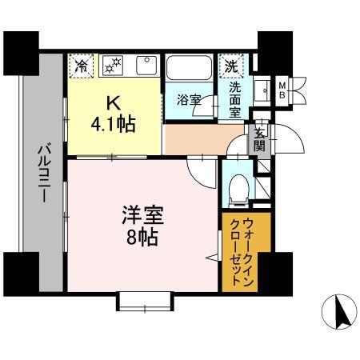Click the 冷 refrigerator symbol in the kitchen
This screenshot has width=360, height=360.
tap(80, 65)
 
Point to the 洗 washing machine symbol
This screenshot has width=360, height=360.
tap(231, 65)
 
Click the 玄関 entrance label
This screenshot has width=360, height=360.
tap(260, 140)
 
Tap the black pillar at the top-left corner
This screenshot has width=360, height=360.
tap(18, 50)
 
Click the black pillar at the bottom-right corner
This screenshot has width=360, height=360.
tap(276, 271)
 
